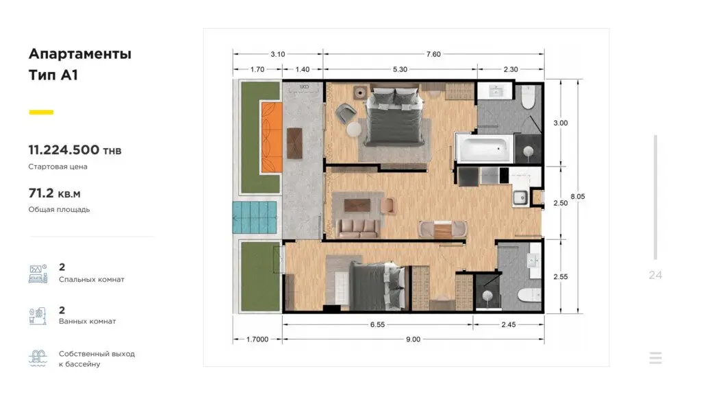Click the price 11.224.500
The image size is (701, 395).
pyautogui.click(x=64, y=149)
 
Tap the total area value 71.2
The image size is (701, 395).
pyautogui.click(x=41, y=193)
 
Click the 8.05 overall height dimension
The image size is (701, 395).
pyautogui.click(x=578, y=196)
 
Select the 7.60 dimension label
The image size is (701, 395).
pyautogui.click(x=433, y=54)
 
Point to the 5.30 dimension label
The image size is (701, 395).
pyautogui.click(x=400, y=69)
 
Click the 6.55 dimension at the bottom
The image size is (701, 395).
pyautogui.click(x=377, y=324)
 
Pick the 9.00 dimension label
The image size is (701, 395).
pyautogui.click(x=413, y=339)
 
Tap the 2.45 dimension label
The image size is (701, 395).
pyautogui.click(x=509, y=324)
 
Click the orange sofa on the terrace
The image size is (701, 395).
pyautogui.click(x=272, y=137)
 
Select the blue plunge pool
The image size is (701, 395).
pyautogui.click(x=255, y=217)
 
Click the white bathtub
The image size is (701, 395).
pyautogui.click(x=485, y=149)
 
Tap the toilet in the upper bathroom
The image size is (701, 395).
pyautogui.click(x=528, y=97)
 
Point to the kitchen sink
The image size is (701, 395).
pyautogui.click(x=520, y=197)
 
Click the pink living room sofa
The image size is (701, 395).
pyautogui.click(x=357, y=228)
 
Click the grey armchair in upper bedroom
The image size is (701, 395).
pyautogui.click(x=346, y=112)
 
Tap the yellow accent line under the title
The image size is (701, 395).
pyautogui.click(x=41, y=112)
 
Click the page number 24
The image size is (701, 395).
pyautogui.click(x=655, y=275)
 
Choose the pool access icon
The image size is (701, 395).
pyautogui.click(x=38, y=358)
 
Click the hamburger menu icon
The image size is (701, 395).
pyautogui.click(x=655, y=358)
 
